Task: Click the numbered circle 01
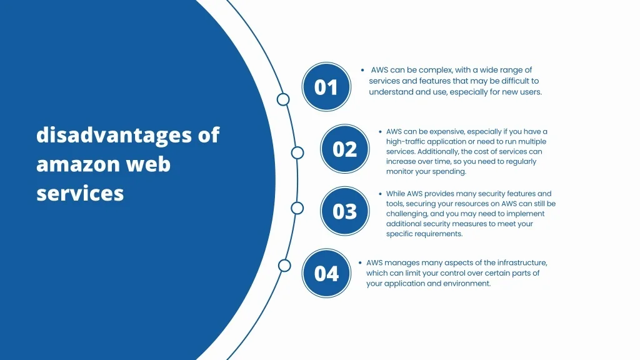(326, 87)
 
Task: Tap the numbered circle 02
(345, 149)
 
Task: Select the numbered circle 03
(345, 211)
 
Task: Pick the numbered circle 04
(326, 273)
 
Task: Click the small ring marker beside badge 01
(283, 99)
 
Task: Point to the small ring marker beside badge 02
(297, 152)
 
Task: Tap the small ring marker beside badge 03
(297, 208)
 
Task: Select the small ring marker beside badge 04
(284, 266)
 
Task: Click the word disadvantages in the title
(114, 135)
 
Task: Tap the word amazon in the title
(77, 164)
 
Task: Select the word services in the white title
(80, 193)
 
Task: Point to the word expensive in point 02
(446, 132)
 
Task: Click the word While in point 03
(395, 194)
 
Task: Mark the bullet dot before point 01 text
(362, 70)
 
